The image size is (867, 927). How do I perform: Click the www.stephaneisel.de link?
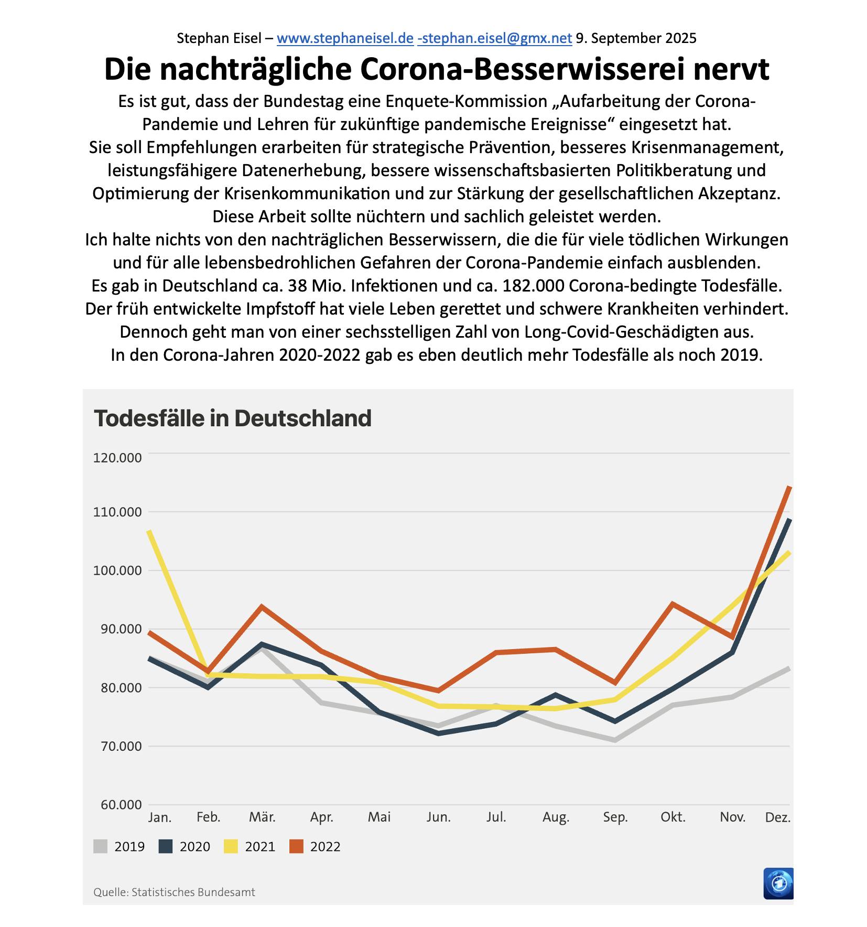tap(345, 38)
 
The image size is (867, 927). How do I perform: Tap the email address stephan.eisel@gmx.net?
tap(495, 38)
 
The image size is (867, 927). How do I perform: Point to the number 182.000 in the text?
tap(533, 286)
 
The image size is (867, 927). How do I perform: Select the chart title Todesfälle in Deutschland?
tap(232, 418)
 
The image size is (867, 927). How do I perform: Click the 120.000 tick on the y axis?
tap(117, 458)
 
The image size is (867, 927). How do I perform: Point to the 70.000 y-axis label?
tap(117, 746)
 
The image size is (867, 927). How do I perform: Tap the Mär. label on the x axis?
tap(262, 817)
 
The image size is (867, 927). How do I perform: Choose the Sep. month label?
tap(615, 817)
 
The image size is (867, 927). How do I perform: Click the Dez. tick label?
tap(778, 817)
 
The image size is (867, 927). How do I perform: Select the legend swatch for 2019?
tap(101, 846)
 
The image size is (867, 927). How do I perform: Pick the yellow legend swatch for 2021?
tap(231, 846)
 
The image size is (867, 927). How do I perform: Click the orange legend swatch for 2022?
tap(296, 846)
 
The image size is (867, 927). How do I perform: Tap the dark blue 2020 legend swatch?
tap(166, 846)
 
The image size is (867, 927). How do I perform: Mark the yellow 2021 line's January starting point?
tap(149, 531)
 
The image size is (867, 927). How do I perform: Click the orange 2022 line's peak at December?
tap(789, 488)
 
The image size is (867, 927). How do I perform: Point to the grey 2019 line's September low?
tap(615, 740)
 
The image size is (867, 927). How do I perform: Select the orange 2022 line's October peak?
tap(673, 604)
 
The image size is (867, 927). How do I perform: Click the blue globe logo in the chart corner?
tap(778, 883)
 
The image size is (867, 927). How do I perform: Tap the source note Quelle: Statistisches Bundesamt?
tap(174, 892)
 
